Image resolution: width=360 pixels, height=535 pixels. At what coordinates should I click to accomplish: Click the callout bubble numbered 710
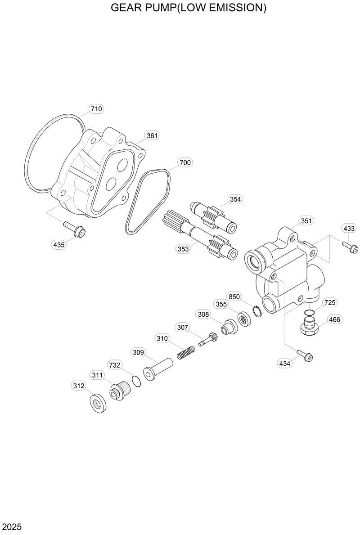[x=96, y=109]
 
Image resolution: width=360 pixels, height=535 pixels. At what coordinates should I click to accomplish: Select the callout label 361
[x=153, y=135]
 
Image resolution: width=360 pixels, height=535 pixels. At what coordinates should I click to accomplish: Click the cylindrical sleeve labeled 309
[x=158, y=368]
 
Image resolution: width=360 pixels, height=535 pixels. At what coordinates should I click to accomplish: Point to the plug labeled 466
[x=310, y=325]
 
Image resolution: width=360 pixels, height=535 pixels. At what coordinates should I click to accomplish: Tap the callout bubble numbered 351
[x=306, y=221]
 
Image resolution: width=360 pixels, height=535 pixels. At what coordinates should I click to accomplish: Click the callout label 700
[x=184, y=162]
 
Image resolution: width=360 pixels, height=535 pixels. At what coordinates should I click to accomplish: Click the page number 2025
[x=12, y=526]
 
